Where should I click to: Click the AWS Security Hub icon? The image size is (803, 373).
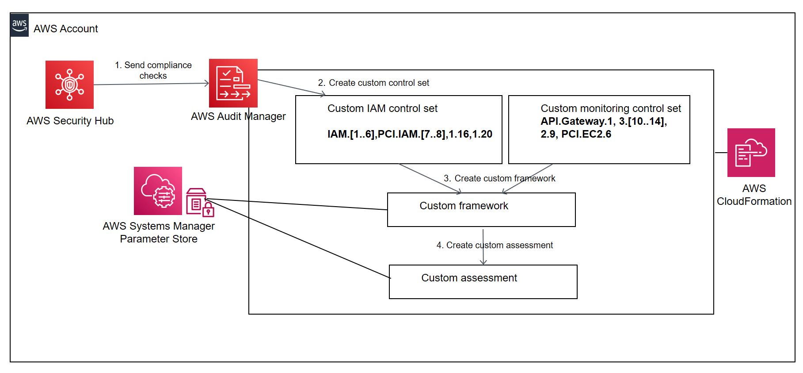tap(69, 85)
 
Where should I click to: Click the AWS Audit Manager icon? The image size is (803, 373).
tap(233, 83)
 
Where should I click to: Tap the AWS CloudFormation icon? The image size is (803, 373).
tap(751, 153)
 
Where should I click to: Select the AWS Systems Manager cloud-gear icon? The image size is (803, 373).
tap(158, 191)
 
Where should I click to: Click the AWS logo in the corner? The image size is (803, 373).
tap(19, 25)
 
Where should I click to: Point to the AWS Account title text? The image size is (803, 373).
tap(65, 29)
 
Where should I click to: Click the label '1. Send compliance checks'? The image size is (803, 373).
tap(153, 70)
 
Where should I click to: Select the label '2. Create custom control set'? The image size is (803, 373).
tap(373, 83)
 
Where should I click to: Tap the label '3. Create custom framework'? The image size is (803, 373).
tap(499, 178)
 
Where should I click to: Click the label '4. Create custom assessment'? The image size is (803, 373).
tap(495, 245)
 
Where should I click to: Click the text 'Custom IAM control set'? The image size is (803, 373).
tap(382, 108)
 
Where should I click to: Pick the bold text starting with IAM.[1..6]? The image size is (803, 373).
tap(410, 134)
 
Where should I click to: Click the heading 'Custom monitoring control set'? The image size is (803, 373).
tap(611, 108)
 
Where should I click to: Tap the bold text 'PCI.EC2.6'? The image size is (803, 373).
tap(586, 134)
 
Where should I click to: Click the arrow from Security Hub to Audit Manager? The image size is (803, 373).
tap(150, 84)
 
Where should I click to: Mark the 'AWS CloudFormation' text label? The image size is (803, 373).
tap(754, 195)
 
